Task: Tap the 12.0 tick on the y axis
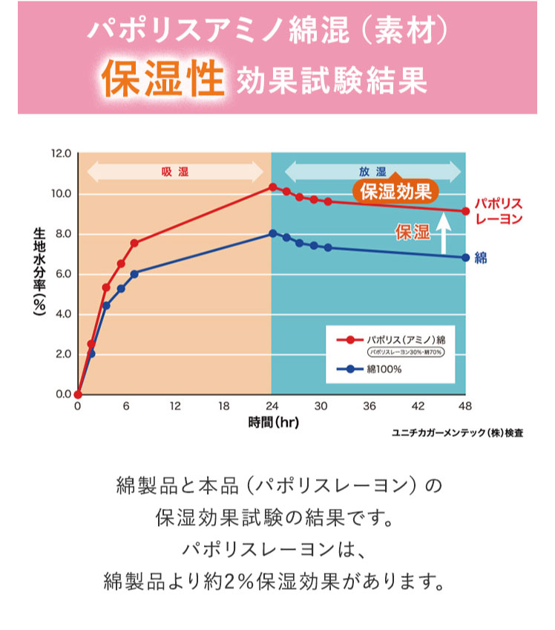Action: (61, 154)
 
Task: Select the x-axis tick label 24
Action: (272, 406)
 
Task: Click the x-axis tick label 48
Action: (466, 406)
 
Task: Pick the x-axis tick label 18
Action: (223, 406)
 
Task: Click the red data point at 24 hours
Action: (272, 187)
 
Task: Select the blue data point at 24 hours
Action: (272, 233)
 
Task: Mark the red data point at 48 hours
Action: (465, 211)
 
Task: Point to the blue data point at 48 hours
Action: (465, 258)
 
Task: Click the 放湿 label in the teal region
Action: (368, 172)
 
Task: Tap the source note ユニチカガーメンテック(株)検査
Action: (457, 432)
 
